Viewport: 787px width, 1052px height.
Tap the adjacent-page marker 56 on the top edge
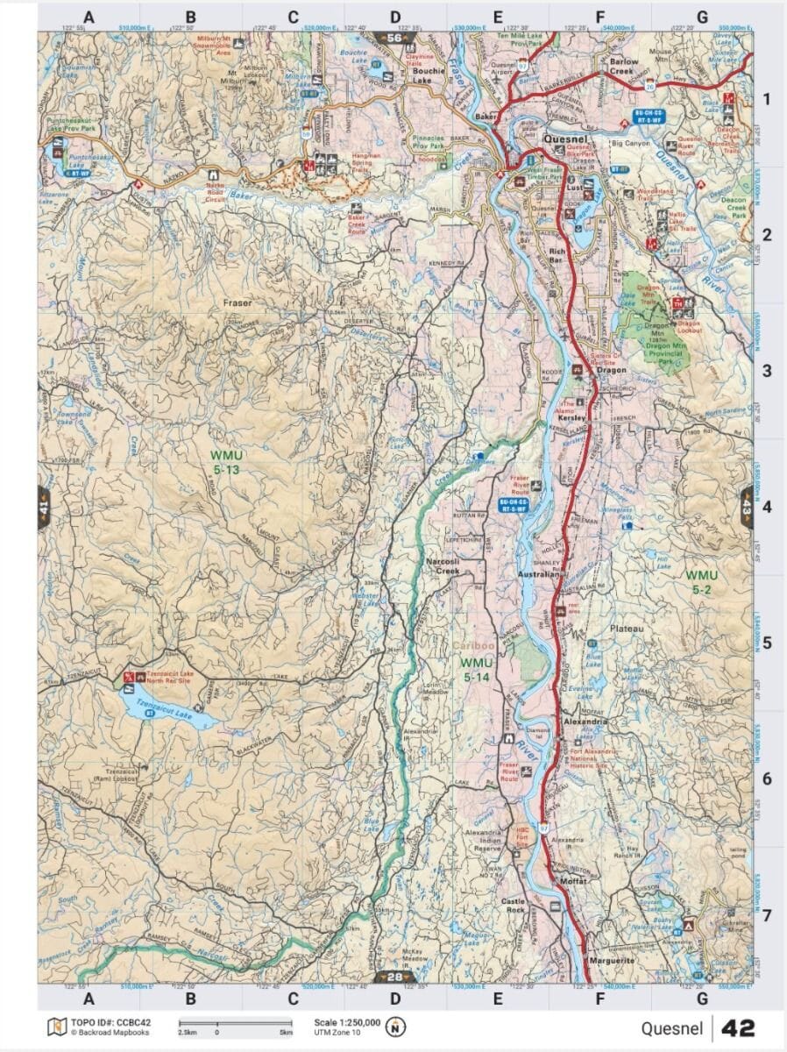pyautogui.click(x=394, y=38)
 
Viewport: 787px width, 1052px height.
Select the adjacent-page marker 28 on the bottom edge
pyautogui.click(x=394, y=977)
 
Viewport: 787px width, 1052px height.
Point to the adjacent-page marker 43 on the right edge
pyautogui.click(x=746, y=508)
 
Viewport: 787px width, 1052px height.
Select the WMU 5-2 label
pyautogui.click(x=701, y=582)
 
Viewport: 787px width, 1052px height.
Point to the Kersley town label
pyautogui.click(x=571, y=418)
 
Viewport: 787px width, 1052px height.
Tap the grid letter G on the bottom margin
pyautogui.click(x=702, y=998)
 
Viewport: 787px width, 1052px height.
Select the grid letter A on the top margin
pyautogui.click(x=89, y=17)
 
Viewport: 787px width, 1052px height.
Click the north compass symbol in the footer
pyautogui.click(x=397, y=1027)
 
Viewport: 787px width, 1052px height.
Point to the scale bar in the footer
pyautogui.click(x=235, y=1022)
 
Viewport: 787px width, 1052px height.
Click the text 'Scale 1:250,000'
pyautogui.click(x=347, y=1021)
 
